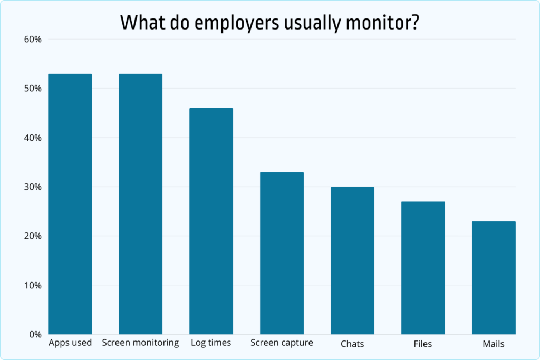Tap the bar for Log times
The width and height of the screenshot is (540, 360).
tap(211, 221)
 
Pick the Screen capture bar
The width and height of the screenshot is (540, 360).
tap(282, 253)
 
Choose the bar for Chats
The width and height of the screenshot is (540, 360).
tap(352, 260)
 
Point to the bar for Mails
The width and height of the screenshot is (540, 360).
tap(494, 278)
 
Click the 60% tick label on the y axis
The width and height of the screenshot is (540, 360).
tap(32, 40)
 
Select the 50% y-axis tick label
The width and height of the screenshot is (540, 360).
tap(32, 89)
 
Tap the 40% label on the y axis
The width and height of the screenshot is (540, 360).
tap(32, 138)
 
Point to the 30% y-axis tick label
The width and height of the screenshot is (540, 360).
tap(32, 187)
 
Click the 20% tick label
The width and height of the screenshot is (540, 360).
tap(32, 236)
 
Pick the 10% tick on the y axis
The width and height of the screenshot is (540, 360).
tap(32, 285)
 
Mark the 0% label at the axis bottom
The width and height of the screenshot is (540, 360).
tap(35, 334)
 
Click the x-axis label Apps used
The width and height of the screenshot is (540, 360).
tap(70, 343)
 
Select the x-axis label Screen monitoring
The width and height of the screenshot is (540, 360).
tap(140, 343)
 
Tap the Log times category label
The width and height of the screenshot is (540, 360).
tap(211, 343)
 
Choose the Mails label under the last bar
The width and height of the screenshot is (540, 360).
tap(494, 344)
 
